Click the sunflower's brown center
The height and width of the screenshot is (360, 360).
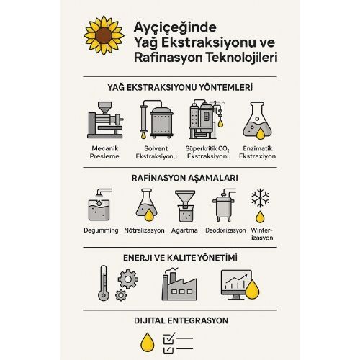click(x=104, y=35)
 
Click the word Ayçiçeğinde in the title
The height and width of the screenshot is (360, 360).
click(x=175, y=27)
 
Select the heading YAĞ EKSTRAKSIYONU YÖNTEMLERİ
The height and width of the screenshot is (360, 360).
click(x=180, y=87)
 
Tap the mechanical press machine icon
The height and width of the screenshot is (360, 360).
click(x=105, y=120)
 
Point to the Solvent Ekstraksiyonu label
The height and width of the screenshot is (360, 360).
click(x=156, y=152)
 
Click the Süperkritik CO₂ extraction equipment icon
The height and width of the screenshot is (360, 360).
click(x=207, y=120)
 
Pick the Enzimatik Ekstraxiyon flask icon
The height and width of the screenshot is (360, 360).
click(x=257, y=121)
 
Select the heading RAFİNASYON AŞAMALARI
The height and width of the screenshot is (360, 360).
click(x=185, y=178)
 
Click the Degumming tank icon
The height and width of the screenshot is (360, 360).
click(x=100, y=204)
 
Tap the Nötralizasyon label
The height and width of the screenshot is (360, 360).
click(x=144, y=230)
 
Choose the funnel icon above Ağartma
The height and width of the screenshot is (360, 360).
click(x=185, y=206)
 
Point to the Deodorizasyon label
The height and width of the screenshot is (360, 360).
click(x=225, y=230)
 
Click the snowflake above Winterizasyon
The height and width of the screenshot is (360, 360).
click(x=260, y=198)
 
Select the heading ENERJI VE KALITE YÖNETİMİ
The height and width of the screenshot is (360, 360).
click(x=180, y=258)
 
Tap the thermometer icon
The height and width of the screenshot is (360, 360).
click(x=104, y=283)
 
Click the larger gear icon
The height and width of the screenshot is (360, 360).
click(x=128, y=279)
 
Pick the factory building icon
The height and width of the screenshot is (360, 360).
click(x=179, y=284)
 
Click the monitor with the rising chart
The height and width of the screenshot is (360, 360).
click(x=236, y=284)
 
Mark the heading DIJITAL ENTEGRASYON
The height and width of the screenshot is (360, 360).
click(x=181, y=320)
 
